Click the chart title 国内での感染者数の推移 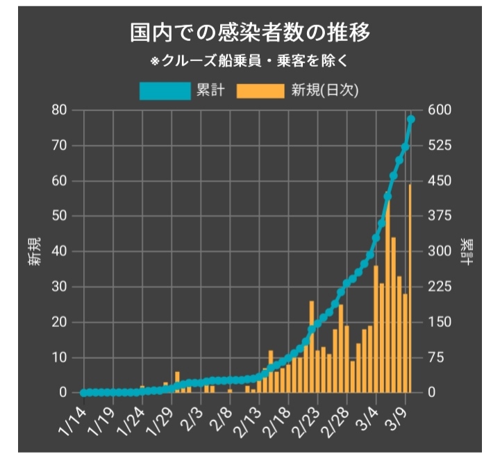click(250, 33)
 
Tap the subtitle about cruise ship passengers click(250, 60)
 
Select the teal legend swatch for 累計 click(165, 90)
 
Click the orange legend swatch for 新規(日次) click(260, 90)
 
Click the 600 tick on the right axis click(440, 110)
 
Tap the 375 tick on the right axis click(440, 217)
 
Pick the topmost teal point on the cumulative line click(410, 119)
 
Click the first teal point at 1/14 click(84, 392)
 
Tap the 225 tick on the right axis click(440, 287)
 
